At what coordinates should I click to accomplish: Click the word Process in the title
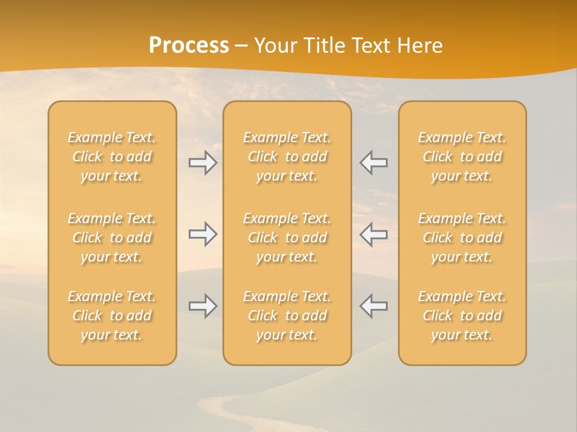[189, 46]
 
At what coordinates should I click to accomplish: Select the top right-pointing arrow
[203, 163]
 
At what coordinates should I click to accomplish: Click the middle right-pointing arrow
[203, 234]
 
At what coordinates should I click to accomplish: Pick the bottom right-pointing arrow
[203, 306]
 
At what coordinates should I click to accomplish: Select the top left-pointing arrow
[373, 163]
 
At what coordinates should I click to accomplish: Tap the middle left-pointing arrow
[373, 234]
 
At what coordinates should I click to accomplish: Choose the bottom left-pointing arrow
[373, 306]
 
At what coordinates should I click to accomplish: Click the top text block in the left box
[112, 157]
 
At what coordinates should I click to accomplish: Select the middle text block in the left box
[112, 238]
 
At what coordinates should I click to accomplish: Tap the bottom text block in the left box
[112, 316]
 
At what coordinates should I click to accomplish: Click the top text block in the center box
[287, 157]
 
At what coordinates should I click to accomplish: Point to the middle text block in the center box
[287, 238]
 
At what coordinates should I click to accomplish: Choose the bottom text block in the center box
[287, 316]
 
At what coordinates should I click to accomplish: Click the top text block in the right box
[462, 157]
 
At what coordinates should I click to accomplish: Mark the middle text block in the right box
[462, 238]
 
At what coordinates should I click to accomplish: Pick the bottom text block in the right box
[462, 316]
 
